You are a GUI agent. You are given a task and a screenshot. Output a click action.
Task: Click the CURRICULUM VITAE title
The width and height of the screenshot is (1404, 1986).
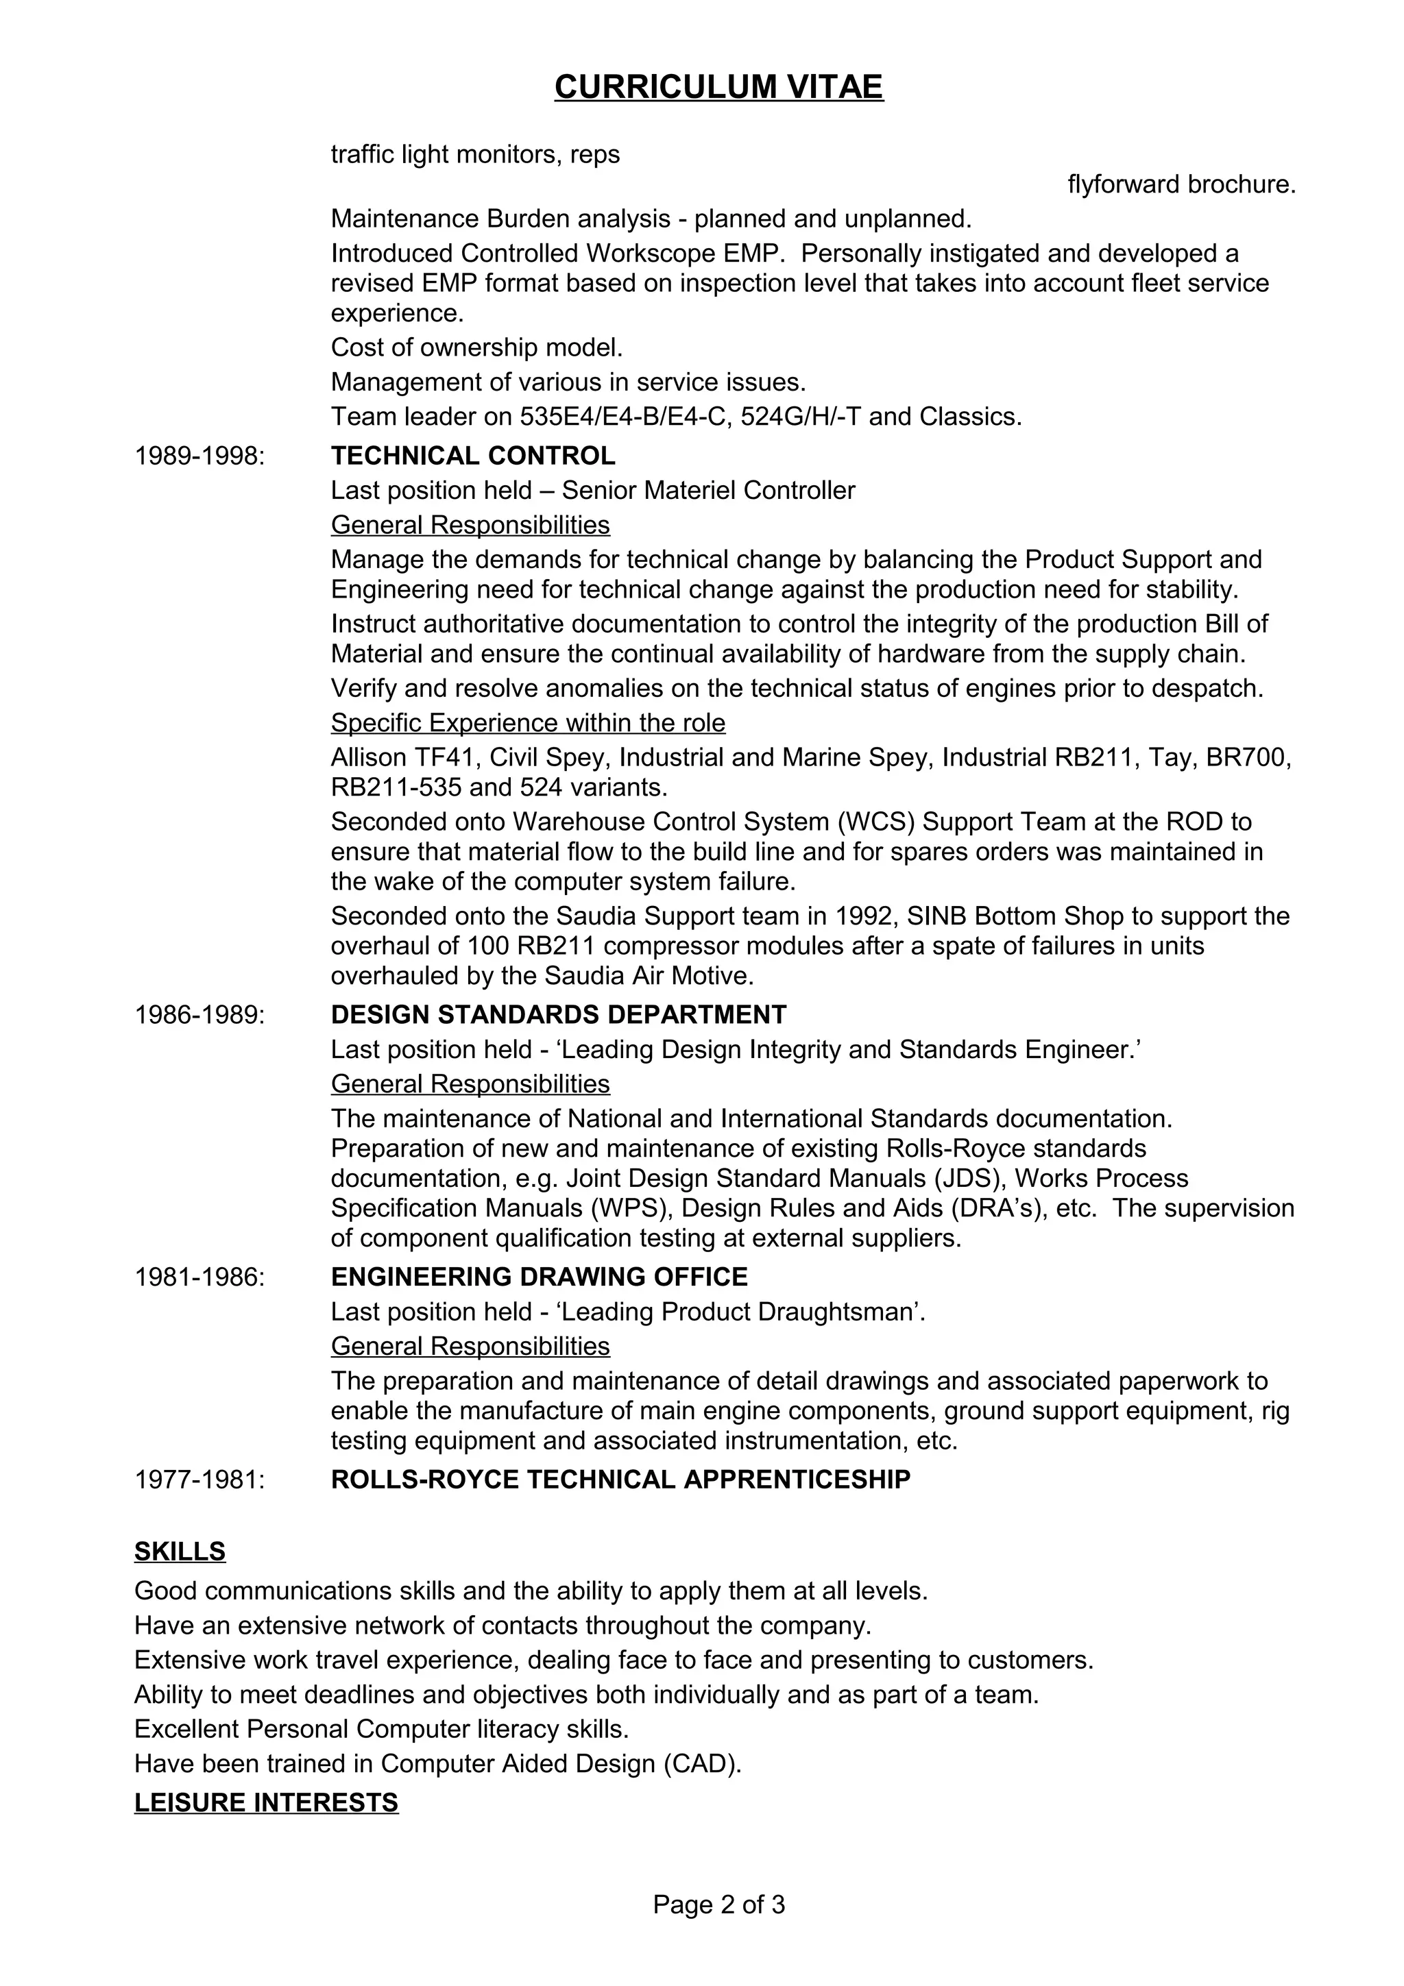coord(719,87)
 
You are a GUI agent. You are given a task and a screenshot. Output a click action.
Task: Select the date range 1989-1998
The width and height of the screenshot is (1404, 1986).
coord(199,456)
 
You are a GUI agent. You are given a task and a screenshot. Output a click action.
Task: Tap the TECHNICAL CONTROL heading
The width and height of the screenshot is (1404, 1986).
coord(473,456)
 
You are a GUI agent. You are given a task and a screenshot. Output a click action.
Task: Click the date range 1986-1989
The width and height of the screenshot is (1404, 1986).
coord(199,1015)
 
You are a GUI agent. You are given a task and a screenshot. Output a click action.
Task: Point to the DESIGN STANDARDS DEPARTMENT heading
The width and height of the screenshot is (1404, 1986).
coord(559,1015)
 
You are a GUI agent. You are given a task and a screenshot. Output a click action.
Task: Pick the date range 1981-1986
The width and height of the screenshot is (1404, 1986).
coord(199,1277)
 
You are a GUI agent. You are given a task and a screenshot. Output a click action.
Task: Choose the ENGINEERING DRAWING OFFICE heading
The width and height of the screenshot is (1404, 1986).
coord(539,1277)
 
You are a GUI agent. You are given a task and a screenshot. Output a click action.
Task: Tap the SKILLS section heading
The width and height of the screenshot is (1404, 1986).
coord(180,1552)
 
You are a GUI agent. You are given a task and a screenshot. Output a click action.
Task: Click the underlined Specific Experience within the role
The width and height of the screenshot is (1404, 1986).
coord(528,723)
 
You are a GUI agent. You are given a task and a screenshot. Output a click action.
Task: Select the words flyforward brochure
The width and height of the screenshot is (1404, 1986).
coord(1182,185)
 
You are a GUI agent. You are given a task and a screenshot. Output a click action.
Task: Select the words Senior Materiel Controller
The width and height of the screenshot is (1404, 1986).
coord(708,491)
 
